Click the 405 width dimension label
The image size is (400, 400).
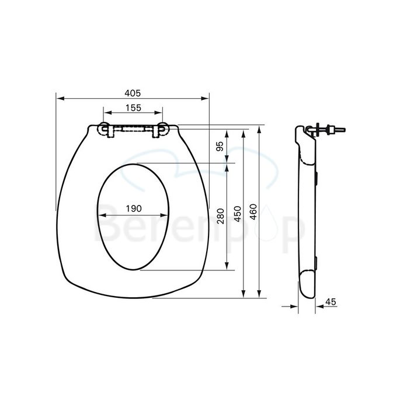pos(133,92)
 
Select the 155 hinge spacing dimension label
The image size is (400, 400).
pos(133,107)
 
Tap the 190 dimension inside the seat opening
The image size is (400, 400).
pos(134,209)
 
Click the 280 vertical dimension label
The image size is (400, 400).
pos(220,216)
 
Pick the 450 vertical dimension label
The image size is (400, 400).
pos(237,213)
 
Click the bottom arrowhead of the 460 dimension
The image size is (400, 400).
pos(258,296)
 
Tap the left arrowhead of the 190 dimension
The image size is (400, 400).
pos(100,215)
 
